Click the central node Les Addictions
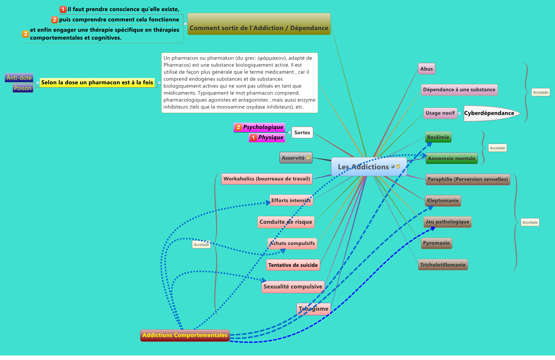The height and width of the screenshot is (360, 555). pyautogui.click(x=363, y=167)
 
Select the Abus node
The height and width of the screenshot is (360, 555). pyautogui.click(x=427, y=69)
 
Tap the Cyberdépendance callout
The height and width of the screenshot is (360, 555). pyautogui.click(x=489, y=113)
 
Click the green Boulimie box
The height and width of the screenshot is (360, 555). pyautogui.click(x=438, y=137)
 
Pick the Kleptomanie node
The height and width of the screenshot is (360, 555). pyautogui.click(x=443, y=201)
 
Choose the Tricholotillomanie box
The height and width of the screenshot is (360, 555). pyautogui.click(x=443, y=265)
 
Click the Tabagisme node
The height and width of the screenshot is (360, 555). pyautogui.click(x=313, y=309)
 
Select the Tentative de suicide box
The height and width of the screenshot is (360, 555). pyautogui.click(x=293, y=265)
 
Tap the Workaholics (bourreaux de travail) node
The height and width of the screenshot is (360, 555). pyautogui.click(x=267, y=179)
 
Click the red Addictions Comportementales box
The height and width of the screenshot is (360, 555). pyautogui.click(x=185, y=335)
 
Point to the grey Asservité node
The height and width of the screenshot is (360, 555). pyautogui.click(x=293, y=158)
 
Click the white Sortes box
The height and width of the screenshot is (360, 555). pyautogui.click(x=302, y=133)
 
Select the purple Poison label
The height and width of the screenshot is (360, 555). pyautogui.click(x=23, y=88)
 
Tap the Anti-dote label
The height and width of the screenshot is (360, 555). pyautogui.click(x=19, y=78)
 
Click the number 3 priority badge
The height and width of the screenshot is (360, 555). pyautogui.click(x=26, y=34)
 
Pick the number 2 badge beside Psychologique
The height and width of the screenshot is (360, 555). pyautogui.click(x=238, y=127)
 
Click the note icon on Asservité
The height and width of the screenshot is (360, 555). pyautogui.click(x=308, y=158)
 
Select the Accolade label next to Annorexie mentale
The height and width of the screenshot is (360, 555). pyautogui.click(x=497, y=148)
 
